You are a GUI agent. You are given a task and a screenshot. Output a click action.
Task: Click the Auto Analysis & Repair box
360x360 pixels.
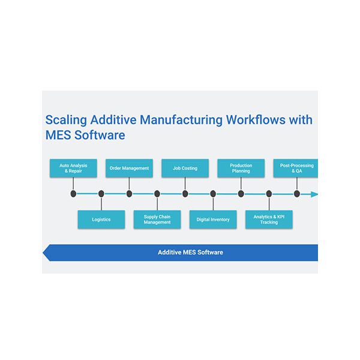tap(73, 168)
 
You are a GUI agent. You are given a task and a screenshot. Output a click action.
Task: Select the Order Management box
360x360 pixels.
tap(129, 168)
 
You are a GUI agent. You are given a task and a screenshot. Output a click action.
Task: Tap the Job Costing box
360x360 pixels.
tap(185, 168)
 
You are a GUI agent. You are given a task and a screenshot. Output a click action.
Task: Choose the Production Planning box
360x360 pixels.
tap(241, 168)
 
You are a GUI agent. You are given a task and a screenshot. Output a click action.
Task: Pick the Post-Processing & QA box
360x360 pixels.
tap(296, 168)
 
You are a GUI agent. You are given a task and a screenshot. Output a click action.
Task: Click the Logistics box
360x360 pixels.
tap(101, 220)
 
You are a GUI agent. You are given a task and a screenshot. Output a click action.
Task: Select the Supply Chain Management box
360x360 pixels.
tap(157, 220)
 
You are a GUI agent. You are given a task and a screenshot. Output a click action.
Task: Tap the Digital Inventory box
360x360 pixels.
tap(213, 220)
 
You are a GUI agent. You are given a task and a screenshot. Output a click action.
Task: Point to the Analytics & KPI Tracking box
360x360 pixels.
tap(269, 220)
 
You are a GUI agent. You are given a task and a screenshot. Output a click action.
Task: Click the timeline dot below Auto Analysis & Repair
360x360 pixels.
tap(73, 194)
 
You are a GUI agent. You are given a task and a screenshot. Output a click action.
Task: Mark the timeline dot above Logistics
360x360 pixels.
tap(101, 194)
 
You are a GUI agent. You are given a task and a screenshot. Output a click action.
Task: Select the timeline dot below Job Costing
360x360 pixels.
tap(185, 194)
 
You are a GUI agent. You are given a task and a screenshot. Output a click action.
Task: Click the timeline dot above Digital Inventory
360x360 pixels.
tap(213, 194)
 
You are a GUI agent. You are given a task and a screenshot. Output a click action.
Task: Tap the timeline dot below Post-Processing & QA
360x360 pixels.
tap(296, 194)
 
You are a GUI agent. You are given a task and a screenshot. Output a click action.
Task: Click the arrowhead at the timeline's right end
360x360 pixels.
tap(314, 194)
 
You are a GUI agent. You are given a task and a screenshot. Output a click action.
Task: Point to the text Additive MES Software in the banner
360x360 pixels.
tap(190, 253)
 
